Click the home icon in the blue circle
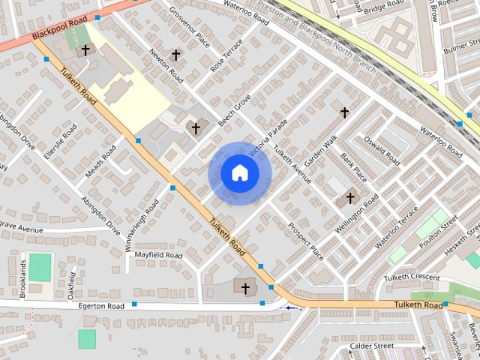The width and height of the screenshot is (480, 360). click(x=239, y=172)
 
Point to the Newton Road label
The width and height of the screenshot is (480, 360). click(x=166, y=65)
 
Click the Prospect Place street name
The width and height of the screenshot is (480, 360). click(x=306, y=241)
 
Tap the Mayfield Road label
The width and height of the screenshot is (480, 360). click(x=158, y=255)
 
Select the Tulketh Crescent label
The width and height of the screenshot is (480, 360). click(x=412, y=277)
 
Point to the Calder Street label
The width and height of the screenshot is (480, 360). click(x=372, y=346)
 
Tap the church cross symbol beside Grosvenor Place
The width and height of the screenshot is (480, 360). click(x=176, y=55)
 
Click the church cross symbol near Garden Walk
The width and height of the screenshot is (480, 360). click(x=344, y=112)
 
